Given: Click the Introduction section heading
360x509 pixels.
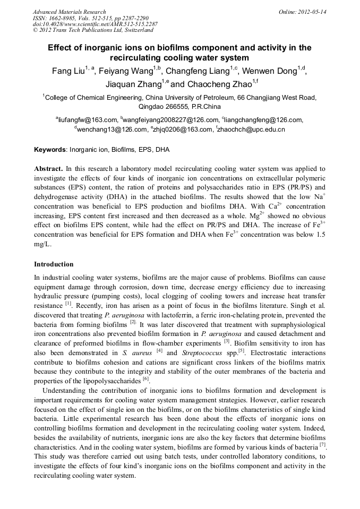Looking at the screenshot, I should coord(54,264).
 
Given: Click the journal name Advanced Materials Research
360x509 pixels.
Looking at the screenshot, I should coord(69,12).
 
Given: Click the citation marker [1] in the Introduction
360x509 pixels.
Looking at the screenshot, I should coord(68,305).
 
